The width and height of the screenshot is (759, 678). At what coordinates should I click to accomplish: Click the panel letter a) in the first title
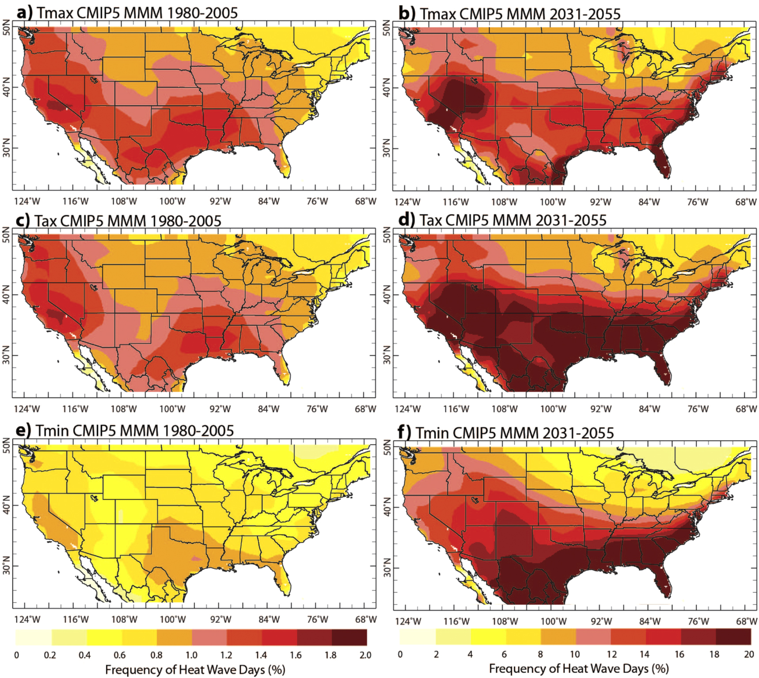[25, 12]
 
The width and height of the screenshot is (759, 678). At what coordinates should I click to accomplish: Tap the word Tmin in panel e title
[53, 430]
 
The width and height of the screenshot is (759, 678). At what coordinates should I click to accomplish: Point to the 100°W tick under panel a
[172, 202]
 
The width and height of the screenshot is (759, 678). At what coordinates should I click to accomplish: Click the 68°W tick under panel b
[745, 202]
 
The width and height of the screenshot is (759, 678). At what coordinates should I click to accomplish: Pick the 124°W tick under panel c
[27, 409]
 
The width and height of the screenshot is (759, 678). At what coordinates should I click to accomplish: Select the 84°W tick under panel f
[649, 621]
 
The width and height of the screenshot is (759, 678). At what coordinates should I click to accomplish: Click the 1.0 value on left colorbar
[191, 655]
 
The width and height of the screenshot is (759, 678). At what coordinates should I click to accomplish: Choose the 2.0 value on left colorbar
[365, 655]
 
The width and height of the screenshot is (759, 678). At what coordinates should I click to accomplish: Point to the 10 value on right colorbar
[574, 654]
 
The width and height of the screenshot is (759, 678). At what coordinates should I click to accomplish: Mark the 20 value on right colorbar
[749, 654]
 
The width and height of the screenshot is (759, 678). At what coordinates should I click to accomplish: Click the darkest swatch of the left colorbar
[349, 637]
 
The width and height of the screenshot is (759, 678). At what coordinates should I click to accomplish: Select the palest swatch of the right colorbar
[417, 636]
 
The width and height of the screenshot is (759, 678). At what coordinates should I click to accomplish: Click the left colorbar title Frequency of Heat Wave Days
[195, 670]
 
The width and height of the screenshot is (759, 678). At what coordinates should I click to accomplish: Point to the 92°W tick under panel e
[220, 619]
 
